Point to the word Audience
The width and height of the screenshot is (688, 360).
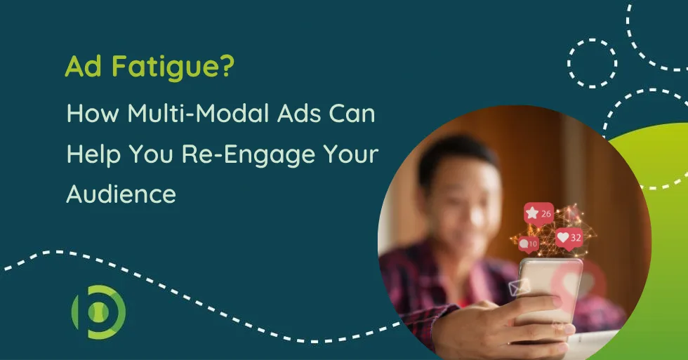[x=121, y=194]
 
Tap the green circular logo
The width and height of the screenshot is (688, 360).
[x=99, y=312]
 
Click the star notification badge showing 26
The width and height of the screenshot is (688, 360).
[x=538, y=214]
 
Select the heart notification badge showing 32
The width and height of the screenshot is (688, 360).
[x=569, y=239]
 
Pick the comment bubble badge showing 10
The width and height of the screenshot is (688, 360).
[x=528, y=244]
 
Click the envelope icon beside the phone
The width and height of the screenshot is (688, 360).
[x=520, y=287]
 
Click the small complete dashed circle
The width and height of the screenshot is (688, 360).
[x=592, y=63]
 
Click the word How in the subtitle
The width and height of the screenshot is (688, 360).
[x=93, y=113]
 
